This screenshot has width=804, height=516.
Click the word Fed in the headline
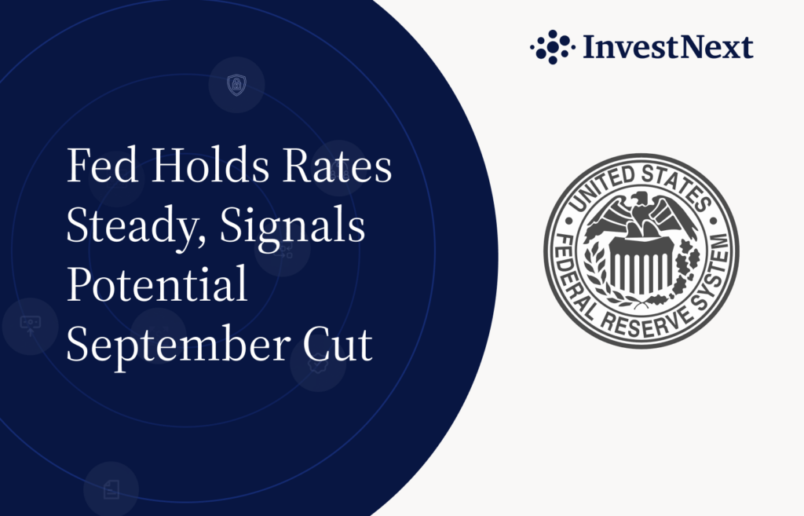[x=103, y=165]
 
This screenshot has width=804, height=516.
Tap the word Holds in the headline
[x=210, y=165]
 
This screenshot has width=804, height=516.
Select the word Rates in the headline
[x=338, y=165]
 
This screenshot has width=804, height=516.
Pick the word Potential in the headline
[x=157, y=284]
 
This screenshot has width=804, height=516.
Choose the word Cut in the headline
[x=338, y=344]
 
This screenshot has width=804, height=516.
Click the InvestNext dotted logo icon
[x=552, y=47]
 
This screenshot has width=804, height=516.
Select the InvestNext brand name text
[x=668, y=47]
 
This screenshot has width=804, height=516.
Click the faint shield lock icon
[x=236, y=85]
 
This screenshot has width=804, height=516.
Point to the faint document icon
[x=111, y=489]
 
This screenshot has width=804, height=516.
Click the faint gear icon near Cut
[x=317, y=364]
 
